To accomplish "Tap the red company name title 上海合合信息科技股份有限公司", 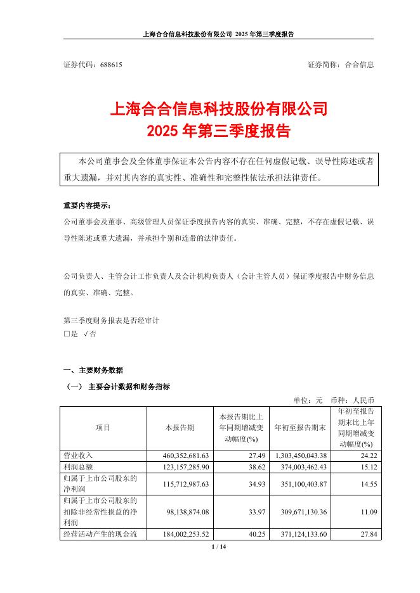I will coord(219,109).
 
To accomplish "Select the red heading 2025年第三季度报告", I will coord(219,131).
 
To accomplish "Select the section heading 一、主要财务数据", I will coord(93,370).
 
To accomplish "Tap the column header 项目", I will coord(103,428).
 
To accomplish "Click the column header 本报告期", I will coord(180,428).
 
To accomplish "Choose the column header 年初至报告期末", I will coord(300,428).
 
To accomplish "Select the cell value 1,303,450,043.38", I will coord(301,455).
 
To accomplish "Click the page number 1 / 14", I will coord(219,546).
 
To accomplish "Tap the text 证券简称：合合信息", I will coord(340,65).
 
